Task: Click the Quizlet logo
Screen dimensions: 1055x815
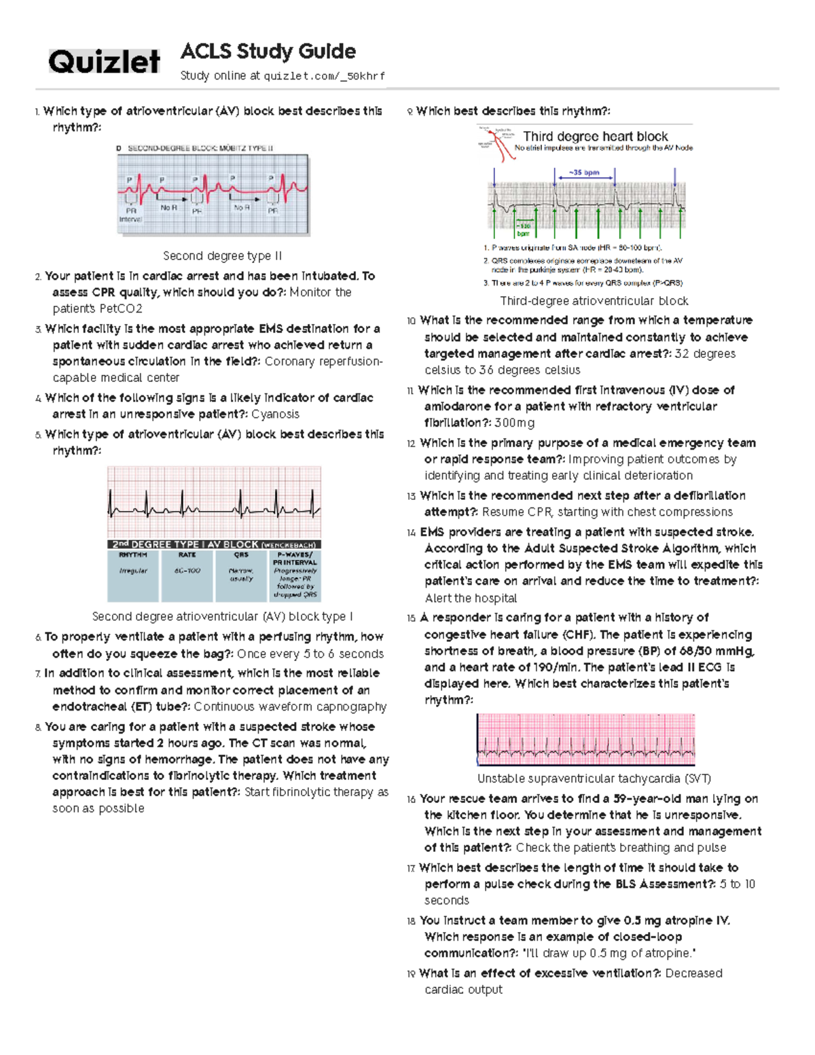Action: click(x=104, y=62)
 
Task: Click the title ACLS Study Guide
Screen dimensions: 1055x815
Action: click(x=268, y=52)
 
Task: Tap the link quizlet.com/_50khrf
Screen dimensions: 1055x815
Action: click(x=324, y=76)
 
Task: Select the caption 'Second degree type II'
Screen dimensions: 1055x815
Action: click(x=222, y=256)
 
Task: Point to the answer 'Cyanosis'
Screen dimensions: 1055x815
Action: click(x=275, y=414)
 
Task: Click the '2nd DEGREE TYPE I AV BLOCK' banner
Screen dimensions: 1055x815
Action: click(x=213, y=544)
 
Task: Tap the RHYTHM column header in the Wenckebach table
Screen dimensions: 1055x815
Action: click(x=133, y=555)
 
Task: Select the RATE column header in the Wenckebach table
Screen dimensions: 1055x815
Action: click(x=187, y=555)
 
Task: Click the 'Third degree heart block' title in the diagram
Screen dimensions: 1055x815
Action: click(x=595, y=137)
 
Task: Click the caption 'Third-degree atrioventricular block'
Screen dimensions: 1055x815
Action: click(x=594, y=301)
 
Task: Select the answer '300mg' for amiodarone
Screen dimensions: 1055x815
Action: click(x=514, y=423)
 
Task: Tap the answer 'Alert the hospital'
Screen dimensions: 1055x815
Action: click(x=471, y=598)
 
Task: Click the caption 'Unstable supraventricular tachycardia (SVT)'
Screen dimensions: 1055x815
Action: click(x=594, y=779)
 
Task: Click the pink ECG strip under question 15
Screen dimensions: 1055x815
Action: click(x=585, y=740)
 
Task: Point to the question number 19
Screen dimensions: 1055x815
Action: click(x=411, y=974)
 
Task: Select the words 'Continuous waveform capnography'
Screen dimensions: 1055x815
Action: click(x=290, y=707)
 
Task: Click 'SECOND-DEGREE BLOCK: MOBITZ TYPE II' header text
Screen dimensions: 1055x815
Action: click(x=200, y=148)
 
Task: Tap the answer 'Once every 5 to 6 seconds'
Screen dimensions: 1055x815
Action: click(x=310, y=654)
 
